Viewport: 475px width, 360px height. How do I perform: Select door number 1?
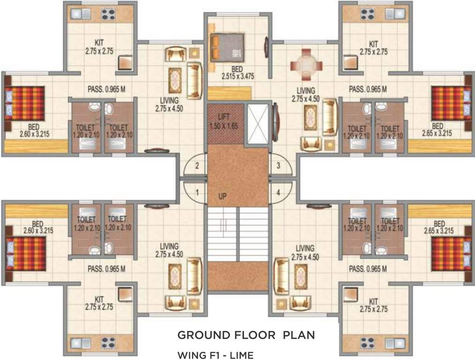point(197,192)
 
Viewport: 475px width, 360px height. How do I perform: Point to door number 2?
point(197,165)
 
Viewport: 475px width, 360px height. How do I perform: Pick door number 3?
point(278,165)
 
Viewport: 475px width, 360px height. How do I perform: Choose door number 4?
point(278,192)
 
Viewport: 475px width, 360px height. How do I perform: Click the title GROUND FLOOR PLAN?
point(246,335)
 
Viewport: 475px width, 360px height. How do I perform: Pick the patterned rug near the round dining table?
point(311,118)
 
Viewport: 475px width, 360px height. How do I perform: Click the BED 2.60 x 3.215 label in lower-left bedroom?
point(38,227)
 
